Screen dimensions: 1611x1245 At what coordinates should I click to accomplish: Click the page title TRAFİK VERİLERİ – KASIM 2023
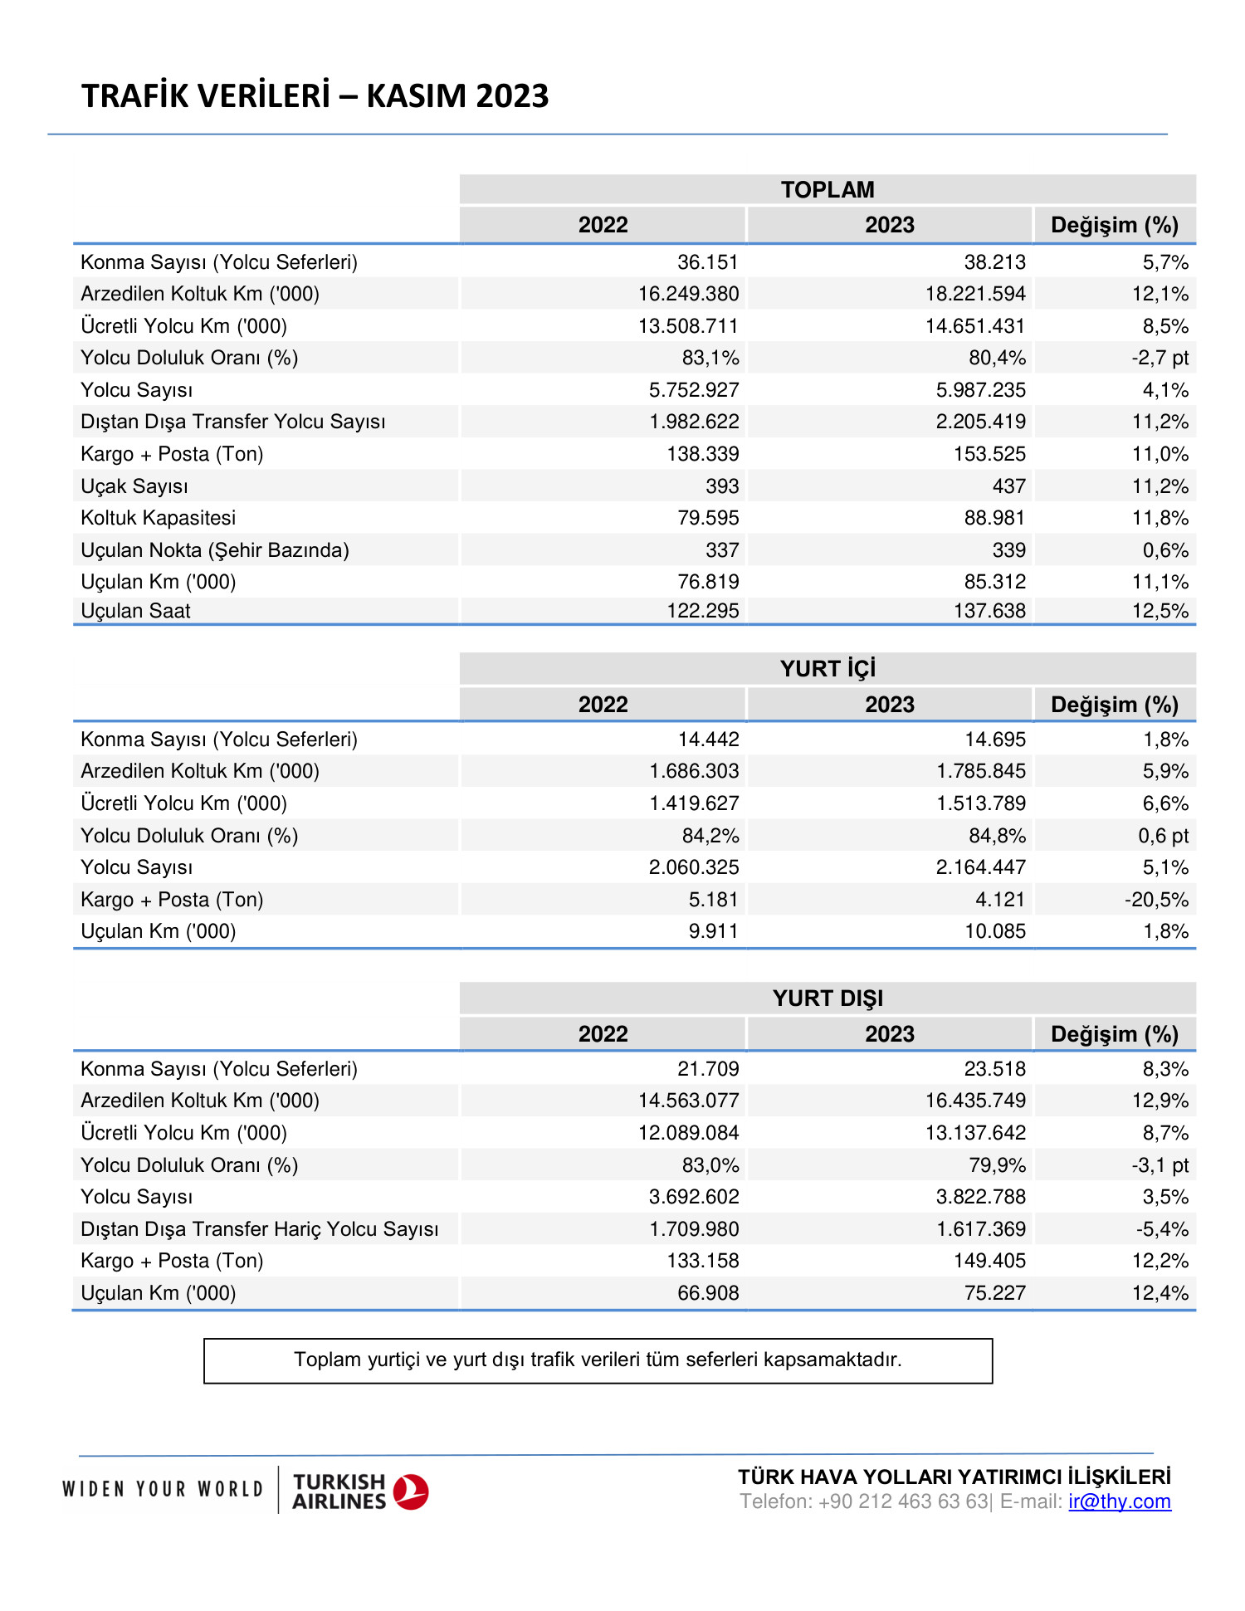(x=315, y=96)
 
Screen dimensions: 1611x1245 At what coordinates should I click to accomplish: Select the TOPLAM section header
(x=827, y=189)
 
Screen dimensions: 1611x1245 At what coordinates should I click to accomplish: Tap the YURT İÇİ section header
(x=827, y=668)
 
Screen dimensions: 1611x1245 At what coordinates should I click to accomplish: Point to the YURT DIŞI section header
(x=827, y=998)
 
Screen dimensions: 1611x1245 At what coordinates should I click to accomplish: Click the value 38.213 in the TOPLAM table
(x=994, y=262)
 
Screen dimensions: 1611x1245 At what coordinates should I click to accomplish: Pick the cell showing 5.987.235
(x=980, y=390)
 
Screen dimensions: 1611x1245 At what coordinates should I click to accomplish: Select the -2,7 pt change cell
(x=1160, y=358)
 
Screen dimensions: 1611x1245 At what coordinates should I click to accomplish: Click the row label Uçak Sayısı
(x=134, y=486)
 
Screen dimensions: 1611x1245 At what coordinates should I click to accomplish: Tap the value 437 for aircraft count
(x=1008, y=486)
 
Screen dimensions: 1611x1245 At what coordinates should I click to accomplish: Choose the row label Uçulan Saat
(x=135, y=611)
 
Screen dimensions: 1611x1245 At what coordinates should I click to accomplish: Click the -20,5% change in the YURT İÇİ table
(x=1156, y=900)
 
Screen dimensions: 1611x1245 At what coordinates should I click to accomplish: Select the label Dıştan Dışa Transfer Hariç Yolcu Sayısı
(x=259, y=1229)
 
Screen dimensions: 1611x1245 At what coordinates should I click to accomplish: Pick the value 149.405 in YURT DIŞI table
(x=989, y=1261)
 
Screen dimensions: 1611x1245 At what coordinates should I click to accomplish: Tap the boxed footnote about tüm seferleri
(x=598, y=1360)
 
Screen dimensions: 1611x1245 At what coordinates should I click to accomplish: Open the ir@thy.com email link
(x=1119, y=1501)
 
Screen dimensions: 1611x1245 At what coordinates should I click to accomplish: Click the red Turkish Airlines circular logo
(x=410, y=1491)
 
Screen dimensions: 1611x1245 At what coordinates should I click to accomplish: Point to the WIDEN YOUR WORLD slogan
(x=163, y=1489)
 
